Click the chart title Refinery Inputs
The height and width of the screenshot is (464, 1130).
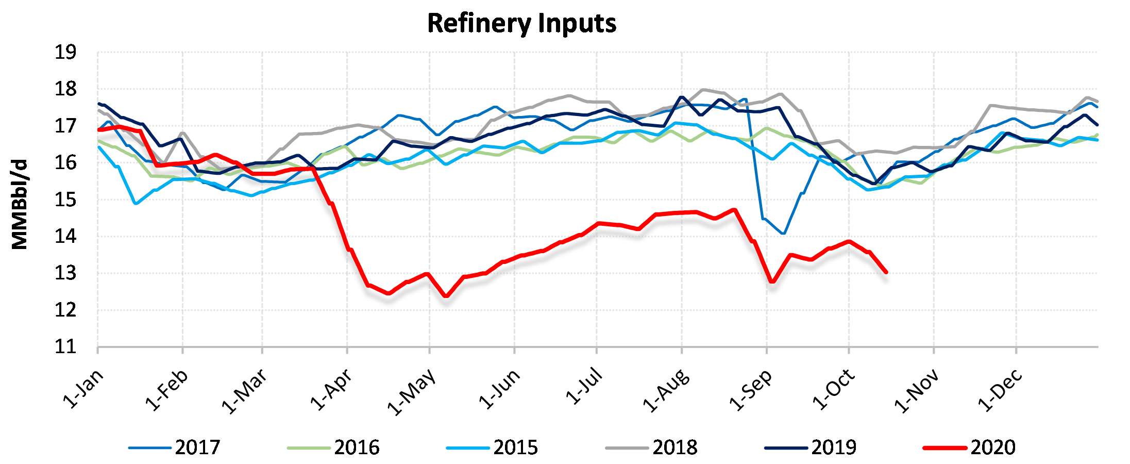click(521, 24)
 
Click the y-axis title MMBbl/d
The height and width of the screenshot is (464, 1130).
click(20, 205)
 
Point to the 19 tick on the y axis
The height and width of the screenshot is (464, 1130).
click(65, 52)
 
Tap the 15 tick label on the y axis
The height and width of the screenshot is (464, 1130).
click(65, 200)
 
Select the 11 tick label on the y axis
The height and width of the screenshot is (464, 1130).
click(65, 346)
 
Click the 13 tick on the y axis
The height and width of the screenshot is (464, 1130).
click(65, 273)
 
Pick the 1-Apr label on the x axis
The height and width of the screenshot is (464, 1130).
click(331, 389)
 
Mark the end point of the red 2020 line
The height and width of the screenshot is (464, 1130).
click(886, 272)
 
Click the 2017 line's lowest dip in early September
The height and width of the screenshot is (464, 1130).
click(783, 234)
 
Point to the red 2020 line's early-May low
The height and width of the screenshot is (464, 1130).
click(446, 296)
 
